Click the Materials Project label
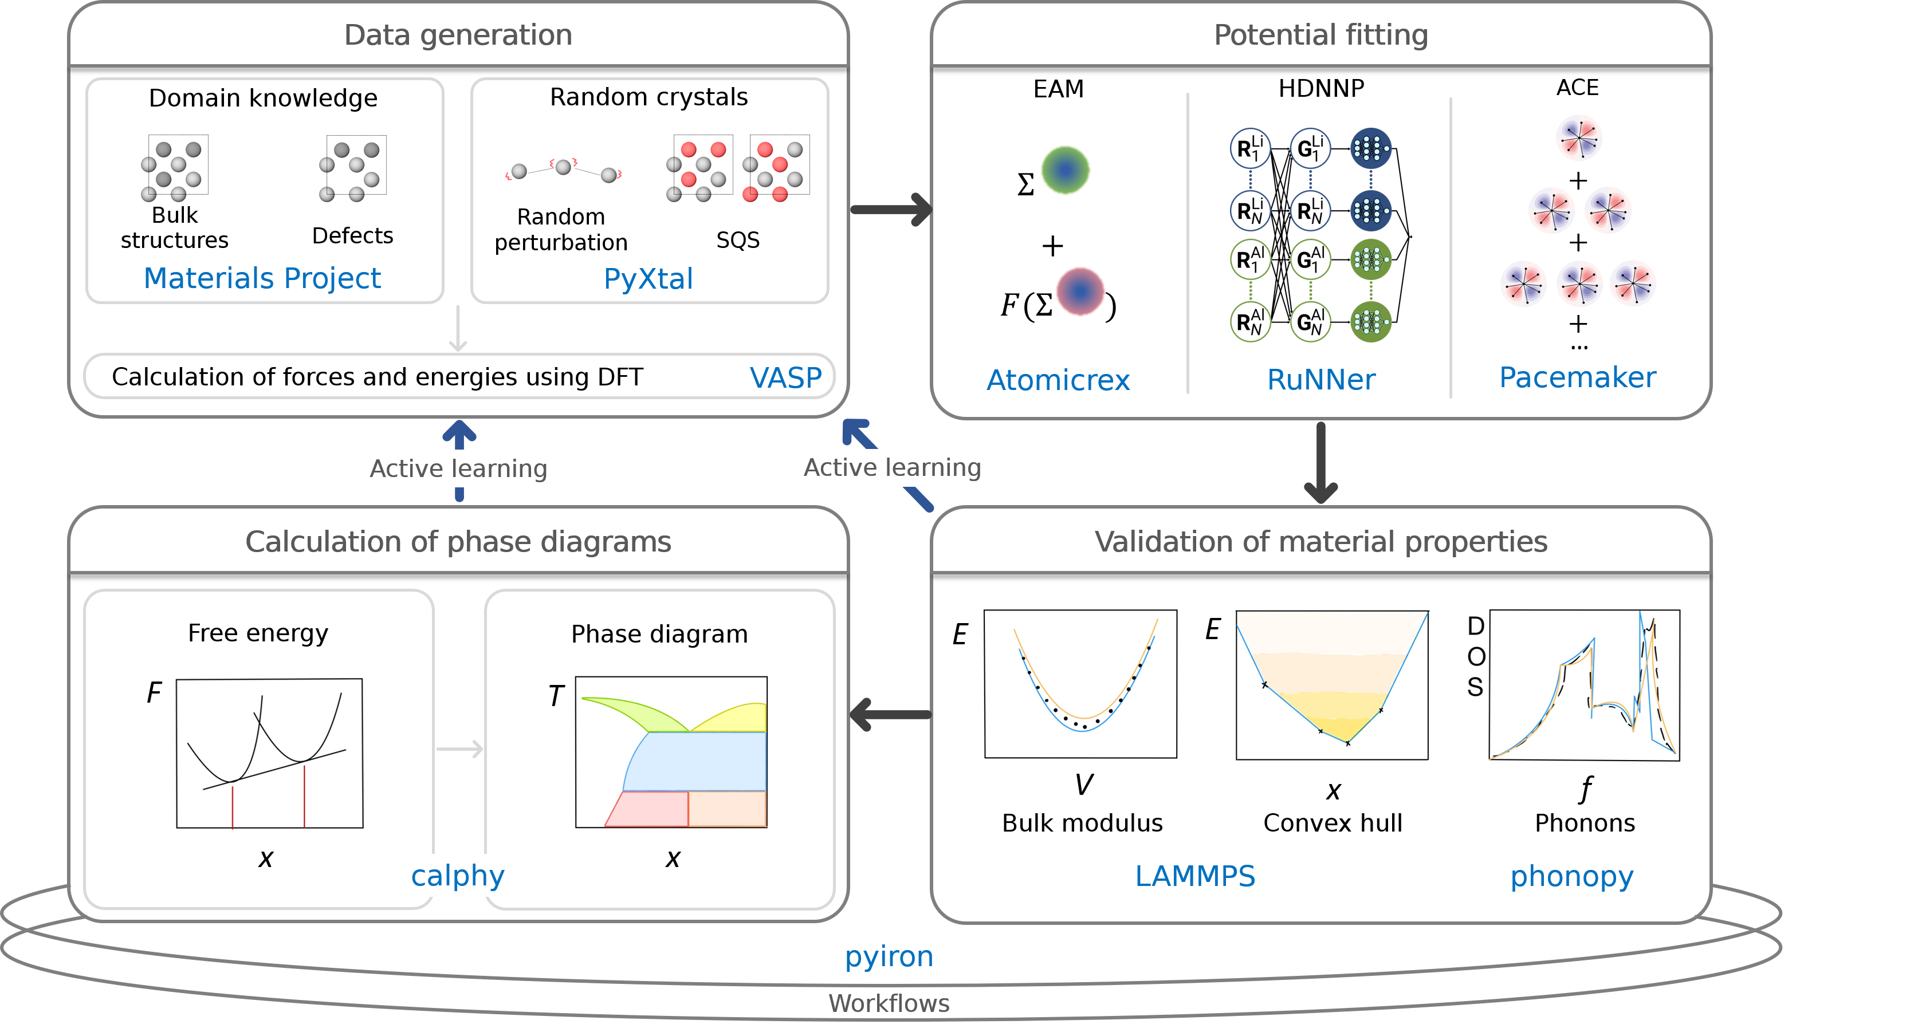coord(262,279)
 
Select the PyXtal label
coord(648,279)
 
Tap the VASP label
coord(785,377)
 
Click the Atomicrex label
coord(1058,380)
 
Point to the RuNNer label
coord(1320,380)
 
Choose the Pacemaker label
coord(1577,377)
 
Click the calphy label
coord(458,876)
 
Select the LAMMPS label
coord(1195,876)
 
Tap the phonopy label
coord(1571,877)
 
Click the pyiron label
coord(889,956)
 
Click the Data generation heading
coord(458,35)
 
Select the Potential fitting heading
coord(1320,35)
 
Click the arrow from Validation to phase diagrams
coord(890,715)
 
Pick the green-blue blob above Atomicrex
coord(1065,170)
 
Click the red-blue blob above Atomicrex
coord(1080,292)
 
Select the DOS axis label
coord(1476,657)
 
